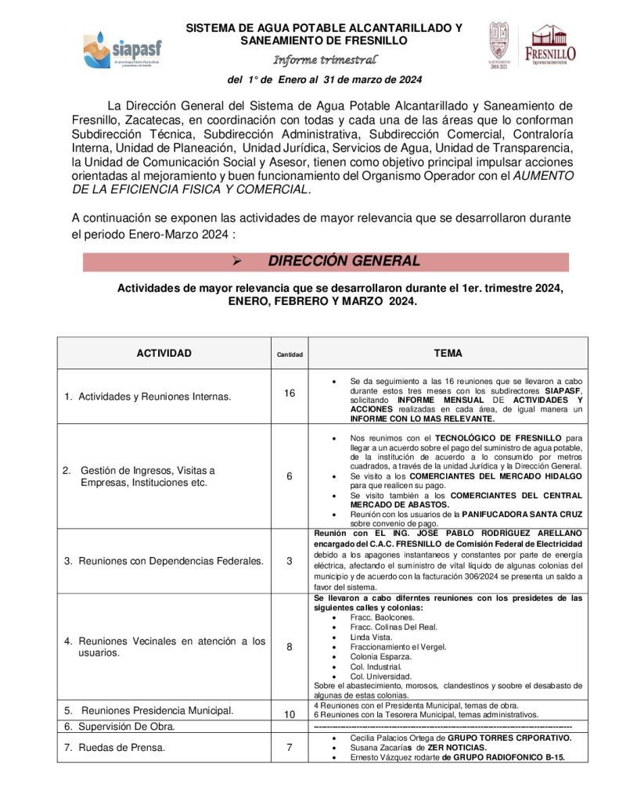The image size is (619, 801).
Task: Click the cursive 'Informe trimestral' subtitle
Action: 325,60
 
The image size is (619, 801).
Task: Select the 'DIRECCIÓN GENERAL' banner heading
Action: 344,261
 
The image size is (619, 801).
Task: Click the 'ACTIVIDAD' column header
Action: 164,354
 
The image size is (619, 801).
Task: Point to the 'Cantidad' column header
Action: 290,354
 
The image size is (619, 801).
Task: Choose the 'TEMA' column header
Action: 448,354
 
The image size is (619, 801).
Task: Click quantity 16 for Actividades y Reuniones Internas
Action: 290,393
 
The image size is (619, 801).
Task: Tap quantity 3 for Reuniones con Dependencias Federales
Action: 290,561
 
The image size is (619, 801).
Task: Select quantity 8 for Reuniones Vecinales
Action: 290,647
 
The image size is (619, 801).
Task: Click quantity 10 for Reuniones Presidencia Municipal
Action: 290,714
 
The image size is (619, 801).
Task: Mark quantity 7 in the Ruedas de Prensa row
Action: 290,747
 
